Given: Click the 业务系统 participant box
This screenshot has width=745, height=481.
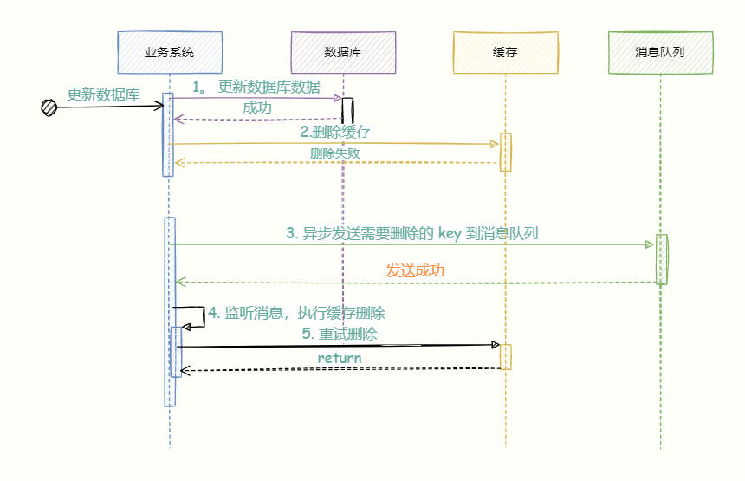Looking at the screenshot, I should pos(170,52).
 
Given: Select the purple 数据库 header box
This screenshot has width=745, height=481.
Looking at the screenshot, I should pos(343,52).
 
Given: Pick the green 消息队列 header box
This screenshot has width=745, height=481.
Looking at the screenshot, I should pos(660,52).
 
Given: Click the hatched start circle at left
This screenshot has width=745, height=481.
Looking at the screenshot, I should pos(49,107).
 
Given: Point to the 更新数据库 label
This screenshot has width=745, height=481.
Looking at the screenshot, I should pos(103,94).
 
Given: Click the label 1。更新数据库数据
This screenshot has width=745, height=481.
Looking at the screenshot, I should pos(256,87).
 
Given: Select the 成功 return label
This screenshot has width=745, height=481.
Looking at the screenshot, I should pos(256,108).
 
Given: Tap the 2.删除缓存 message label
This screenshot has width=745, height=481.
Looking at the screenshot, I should pos(335,132).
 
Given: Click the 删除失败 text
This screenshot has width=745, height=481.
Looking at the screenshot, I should pos(335,153).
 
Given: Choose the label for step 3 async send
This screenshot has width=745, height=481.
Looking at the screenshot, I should pos(412,233).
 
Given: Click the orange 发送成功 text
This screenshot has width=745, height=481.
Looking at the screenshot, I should pos(415,270).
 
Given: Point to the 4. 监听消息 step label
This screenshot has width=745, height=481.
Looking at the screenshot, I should pos(296,314).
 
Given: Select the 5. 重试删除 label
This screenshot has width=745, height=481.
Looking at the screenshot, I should pos(339,334).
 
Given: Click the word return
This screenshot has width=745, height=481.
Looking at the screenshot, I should pos(340,358).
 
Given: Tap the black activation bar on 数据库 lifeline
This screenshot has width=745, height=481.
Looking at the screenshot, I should pos(347,111).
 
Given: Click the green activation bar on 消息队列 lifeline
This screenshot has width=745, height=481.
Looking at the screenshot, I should pos(662,259).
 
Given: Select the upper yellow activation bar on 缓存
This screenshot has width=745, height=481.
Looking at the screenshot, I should pos(505,152).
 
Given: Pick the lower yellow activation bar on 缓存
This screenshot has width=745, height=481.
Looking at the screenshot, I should pos(505,357).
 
